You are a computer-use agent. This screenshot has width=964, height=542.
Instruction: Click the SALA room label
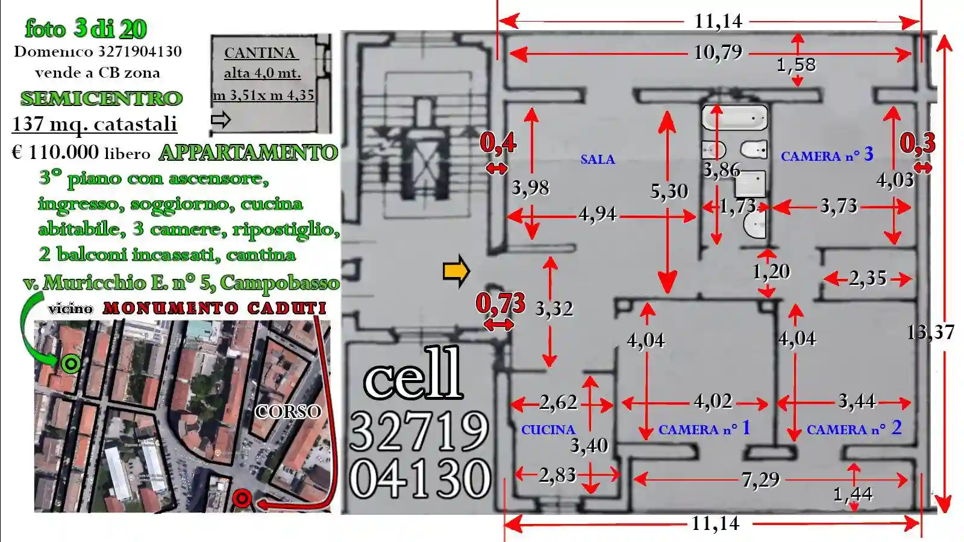(x=597, y=160)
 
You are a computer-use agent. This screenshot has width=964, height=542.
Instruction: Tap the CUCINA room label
(x=548, y=430)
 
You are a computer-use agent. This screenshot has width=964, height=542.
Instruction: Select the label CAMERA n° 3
(x=827, y=155)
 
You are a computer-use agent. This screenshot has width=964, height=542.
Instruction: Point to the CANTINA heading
(x=260, y=53)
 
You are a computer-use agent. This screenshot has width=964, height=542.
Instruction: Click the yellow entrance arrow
(x=456, y=272)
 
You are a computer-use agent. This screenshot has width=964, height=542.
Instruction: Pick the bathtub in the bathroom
(x=734, y=117)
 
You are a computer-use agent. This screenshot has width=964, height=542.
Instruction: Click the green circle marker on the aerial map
(x=71, y=364)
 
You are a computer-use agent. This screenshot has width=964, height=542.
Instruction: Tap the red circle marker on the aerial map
(x=242, y=499)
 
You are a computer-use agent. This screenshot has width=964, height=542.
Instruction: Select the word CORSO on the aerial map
(x=288, y=412)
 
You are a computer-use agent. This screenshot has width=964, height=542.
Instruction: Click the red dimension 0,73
(x=501, y=304)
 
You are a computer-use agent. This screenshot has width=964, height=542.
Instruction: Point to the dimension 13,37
(x=931, y=332)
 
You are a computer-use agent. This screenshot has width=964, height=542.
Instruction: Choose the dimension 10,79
(x=718, y=53)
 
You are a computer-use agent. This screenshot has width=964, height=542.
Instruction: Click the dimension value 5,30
(x=669, y=192)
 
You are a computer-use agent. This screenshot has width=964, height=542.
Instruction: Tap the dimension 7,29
(x=760, y=479)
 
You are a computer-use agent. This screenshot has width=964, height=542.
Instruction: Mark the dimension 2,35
(x=868, y=279)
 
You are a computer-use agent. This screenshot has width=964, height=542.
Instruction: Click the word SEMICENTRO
(x=102, y=99)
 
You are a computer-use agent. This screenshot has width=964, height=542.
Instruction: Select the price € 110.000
(x=55, y=152)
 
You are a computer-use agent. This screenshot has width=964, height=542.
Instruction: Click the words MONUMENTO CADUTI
(x=214, y=308)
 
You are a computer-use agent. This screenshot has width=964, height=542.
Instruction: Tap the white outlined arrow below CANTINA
(x=221, y=120)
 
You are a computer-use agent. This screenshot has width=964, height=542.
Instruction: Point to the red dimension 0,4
(x=498, y=143)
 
